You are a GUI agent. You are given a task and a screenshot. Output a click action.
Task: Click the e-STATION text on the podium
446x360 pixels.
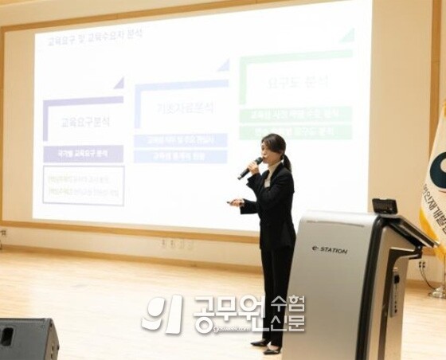coord(330,250)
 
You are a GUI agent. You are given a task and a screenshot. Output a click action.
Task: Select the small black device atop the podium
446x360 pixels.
coord(385,206)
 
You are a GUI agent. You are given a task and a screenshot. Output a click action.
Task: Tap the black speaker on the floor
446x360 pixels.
coord(28,338)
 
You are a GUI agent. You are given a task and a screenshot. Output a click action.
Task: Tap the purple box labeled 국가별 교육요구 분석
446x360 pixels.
coord(83,154)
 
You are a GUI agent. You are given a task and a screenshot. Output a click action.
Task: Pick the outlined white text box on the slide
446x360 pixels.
coord(83,185)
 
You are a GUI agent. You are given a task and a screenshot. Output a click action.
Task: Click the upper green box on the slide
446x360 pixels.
coord(295,115)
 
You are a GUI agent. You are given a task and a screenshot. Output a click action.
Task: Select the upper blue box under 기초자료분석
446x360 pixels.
coord(180,140)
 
